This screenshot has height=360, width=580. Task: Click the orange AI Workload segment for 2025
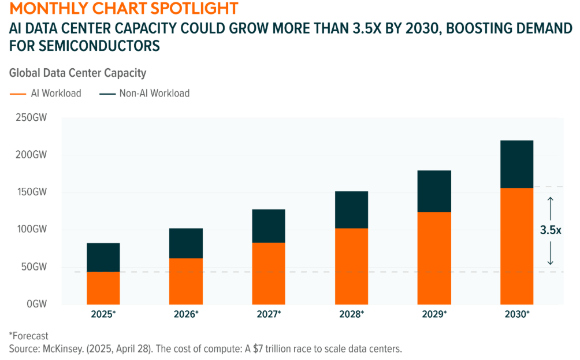[103, 288]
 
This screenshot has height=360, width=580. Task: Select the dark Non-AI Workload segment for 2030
[516, 164]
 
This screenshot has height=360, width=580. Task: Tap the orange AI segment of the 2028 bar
[351, 266]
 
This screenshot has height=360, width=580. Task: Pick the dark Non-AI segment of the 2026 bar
[186, 243]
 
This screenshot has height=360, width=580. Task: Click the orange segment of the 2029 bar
[434, 258]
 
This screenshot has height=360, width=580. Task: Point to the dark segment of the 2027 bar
[269, 226]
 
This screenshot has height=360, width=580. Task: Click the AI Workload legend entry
[46, 93]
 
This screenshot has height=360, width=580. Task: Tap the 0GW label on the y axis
[35, 304]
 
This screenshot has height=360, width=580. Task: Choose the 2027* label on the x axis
[269, 315]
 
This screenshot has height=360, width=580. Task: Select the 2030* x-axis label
[516, 315]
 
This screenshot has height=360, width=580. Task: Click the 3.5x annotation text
[551, 229]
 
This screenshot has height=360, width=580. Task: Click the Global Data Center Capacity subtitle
[78, 73]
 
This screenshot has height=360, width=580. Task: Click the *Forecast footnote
[28, 336]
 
